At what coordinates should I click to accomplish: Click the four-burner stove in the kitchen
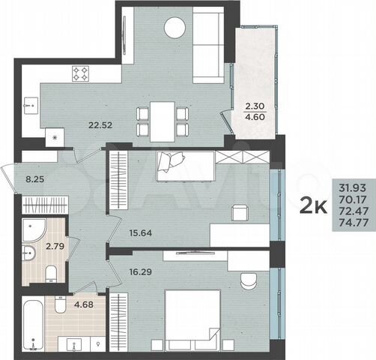point(80,73)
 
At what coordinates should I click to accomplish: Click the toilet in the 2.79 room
point(49,271)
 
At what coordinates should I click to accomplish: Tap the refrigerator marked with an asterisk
point(54,136)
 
